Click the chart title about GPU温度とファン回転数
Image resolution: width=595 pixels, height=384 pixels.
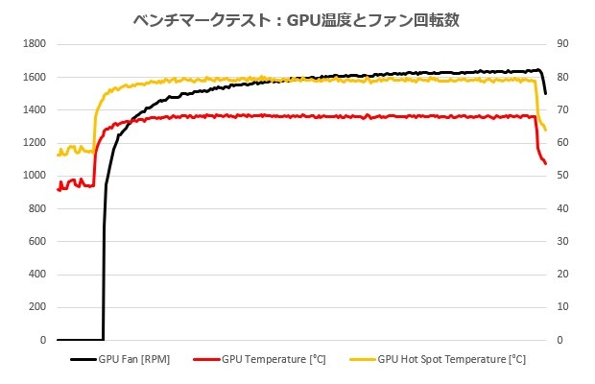[x=297, y=19]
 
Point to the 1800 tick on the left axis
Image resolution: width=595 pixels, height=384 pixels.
[x=36, y=44]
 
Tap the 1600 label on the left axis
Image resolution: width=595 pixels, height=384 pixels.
[x=36, y=77]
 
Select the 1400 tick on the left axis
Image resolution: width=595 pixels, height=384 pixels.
[x=36, y=110]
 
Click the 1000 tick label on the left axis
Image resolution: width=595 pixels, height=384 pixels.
[x=36, y=176]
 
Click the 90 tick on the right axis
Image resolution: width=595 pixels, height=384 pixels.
[x=562, y=44]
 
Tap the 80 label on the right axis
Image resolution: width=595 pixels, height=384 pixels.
[x=562, y=77]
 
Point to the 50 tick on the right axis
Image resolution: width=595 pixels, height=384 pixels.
[x=562, y=176]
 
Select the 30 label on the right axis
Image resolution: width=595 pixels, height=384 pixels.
[x=562, y=242]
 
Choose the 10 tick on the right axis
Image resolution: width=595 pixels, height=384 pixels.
[x=562, y=307]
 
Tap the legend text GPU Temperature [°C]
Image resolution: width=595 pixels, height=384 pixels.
[x=274, y=360]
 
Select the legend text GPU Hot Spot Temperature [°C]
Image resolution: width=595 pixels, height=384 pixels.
[x=451, y=360]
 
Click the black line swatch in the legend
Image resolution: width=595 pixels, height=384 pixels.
[x=83, y=360]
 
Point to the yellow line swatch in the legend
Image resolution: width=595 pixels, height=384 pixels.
[x=362, y=360]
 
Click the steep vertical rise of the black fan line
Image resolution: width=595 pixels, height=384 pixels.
[x=104, y=259]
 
